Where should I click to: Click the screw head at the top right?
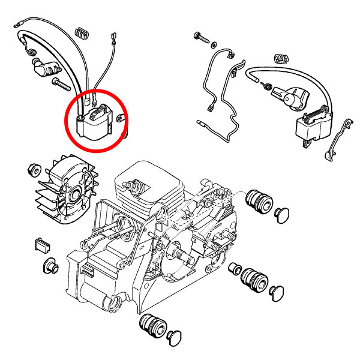click(x=200, y=37)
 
